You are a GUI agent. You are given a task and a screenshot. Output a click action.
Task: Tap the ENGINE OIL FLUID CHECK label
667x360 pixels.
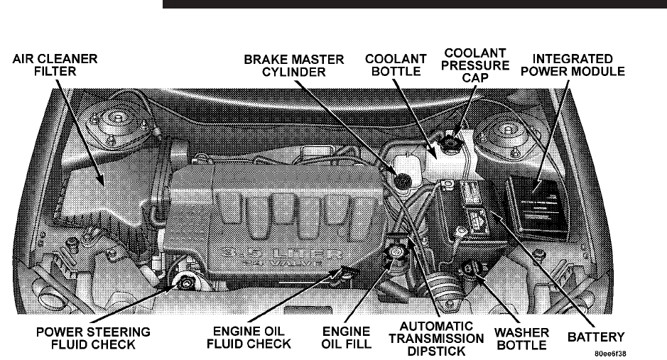[x=252, y=337]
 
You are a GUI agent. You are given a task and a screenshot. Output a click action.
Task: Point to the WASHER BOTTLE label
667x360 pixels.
[x=521, y=337]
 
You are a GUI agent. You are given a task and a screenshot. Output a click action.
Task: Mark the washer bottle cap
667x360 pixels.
[x=469, y=269]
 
